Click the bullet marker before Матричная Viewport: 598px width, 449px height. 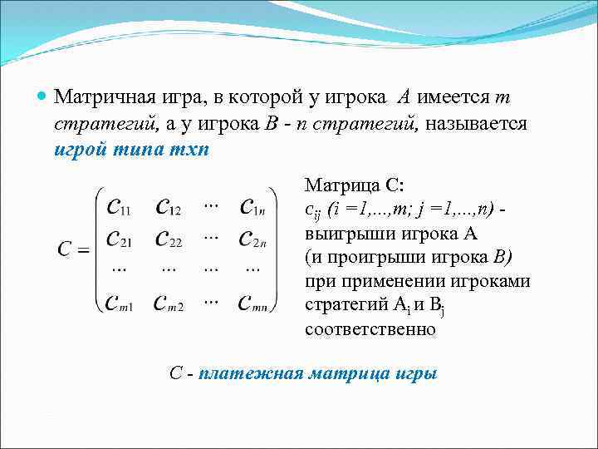click(x=43, y=97)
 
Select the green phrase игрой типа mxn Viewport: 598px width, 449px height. click(x=132, y=151)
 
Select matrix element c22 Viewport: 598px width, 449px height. click(x=171, y=239)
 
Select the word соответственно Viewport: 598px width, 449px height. click(x=370, y=329)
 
